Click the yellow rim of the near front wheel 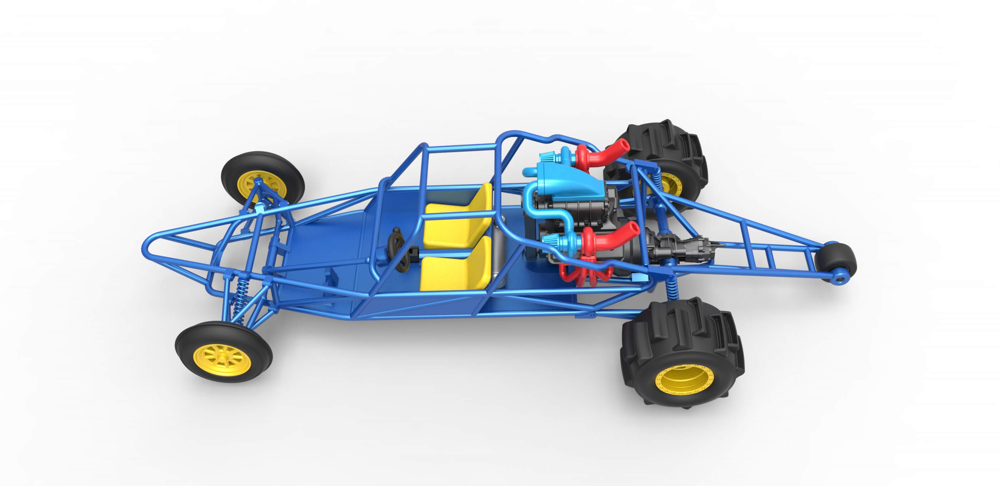click(223, 360)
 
